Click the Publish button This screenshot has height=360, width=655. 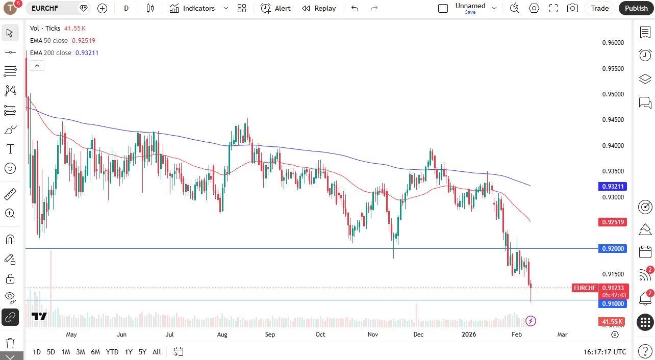[x=636, y=8]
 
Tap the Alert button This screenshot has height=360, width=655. [x=275, y=8]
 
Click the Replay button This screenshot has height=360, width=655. [x=319, y=8]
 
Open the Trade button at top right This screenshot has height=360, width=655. [x=599, y=8]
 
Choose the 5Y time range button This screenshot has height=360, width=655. [x=142, y=352]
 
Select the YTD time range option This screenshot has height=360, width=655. [x=112, y=352]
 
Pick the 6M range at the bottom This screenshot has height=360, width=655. [x=95, y=352]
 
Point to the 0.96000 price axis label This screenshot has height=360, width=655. [x=613, y=43]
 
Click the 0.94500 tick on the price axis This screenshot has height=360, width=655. [x=613, y=120]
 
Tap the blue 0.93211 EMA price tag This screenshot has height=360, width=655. [x=613, y=187]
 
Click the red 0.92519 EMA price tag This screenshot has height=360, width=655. [x=613, y=222]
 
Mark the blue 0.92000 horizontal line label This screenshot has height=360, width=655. [x=613, y=249]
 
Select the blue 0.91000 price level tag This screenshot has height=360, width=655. [x=613, y=304]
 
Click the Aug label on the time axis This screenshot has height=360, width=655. [x=222, y=335]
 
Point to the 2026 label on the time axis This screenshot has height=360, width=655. [x=468, y=335]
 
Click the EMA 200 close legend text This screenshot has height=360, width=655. [x=51, y=53]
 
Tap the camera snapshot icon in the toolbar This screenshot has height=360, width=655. [x=573, y=8]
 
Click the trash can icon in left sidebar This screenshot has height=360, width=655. [x=10, y=343]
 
